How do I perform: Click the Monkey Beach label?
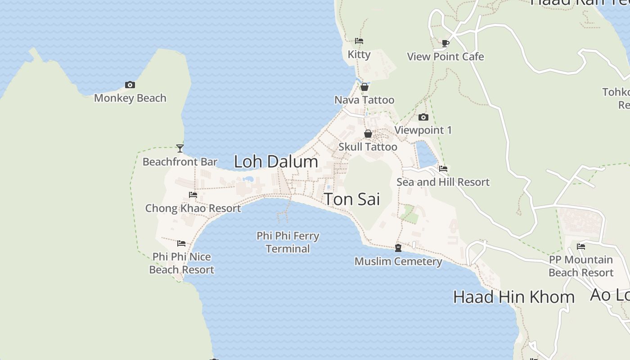coord(130,98)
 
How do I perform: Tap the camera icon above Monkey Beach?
coord(130,85)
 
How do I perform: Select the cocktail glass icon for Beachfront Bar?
coord(180,148)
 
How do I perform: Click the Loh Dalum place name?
coord(276,162)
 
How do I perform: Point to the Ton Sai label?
coord(352,199)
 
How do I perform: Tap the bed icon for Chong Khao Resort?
coord(193,195)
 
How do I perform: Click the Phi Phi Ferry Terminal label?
coord(288,242)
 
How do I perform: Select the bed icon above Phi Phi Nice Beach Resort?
coord(181,243)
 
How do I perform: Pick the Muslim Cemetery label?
coord(398,261)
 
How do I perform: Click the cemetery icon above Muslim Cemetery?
coord(398,248)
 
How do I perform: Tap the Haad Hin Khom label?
coord(513,297)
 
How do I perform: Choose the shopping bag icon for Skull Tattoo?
coord(368,134)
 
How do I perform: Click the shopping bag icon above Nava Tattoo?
coord(364,87)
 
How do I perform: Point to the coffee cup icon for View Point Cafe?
coord(445,43)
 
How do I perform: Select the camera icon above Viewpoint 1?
coord(423,117)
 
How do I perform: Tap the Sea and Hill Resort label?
coord(443,182)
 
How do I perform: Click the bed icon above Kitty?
coord(359,41)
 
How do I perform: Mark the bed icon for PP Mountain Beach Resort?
coord(581,247)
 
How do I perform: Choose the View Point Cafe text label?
coord(445,57)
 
